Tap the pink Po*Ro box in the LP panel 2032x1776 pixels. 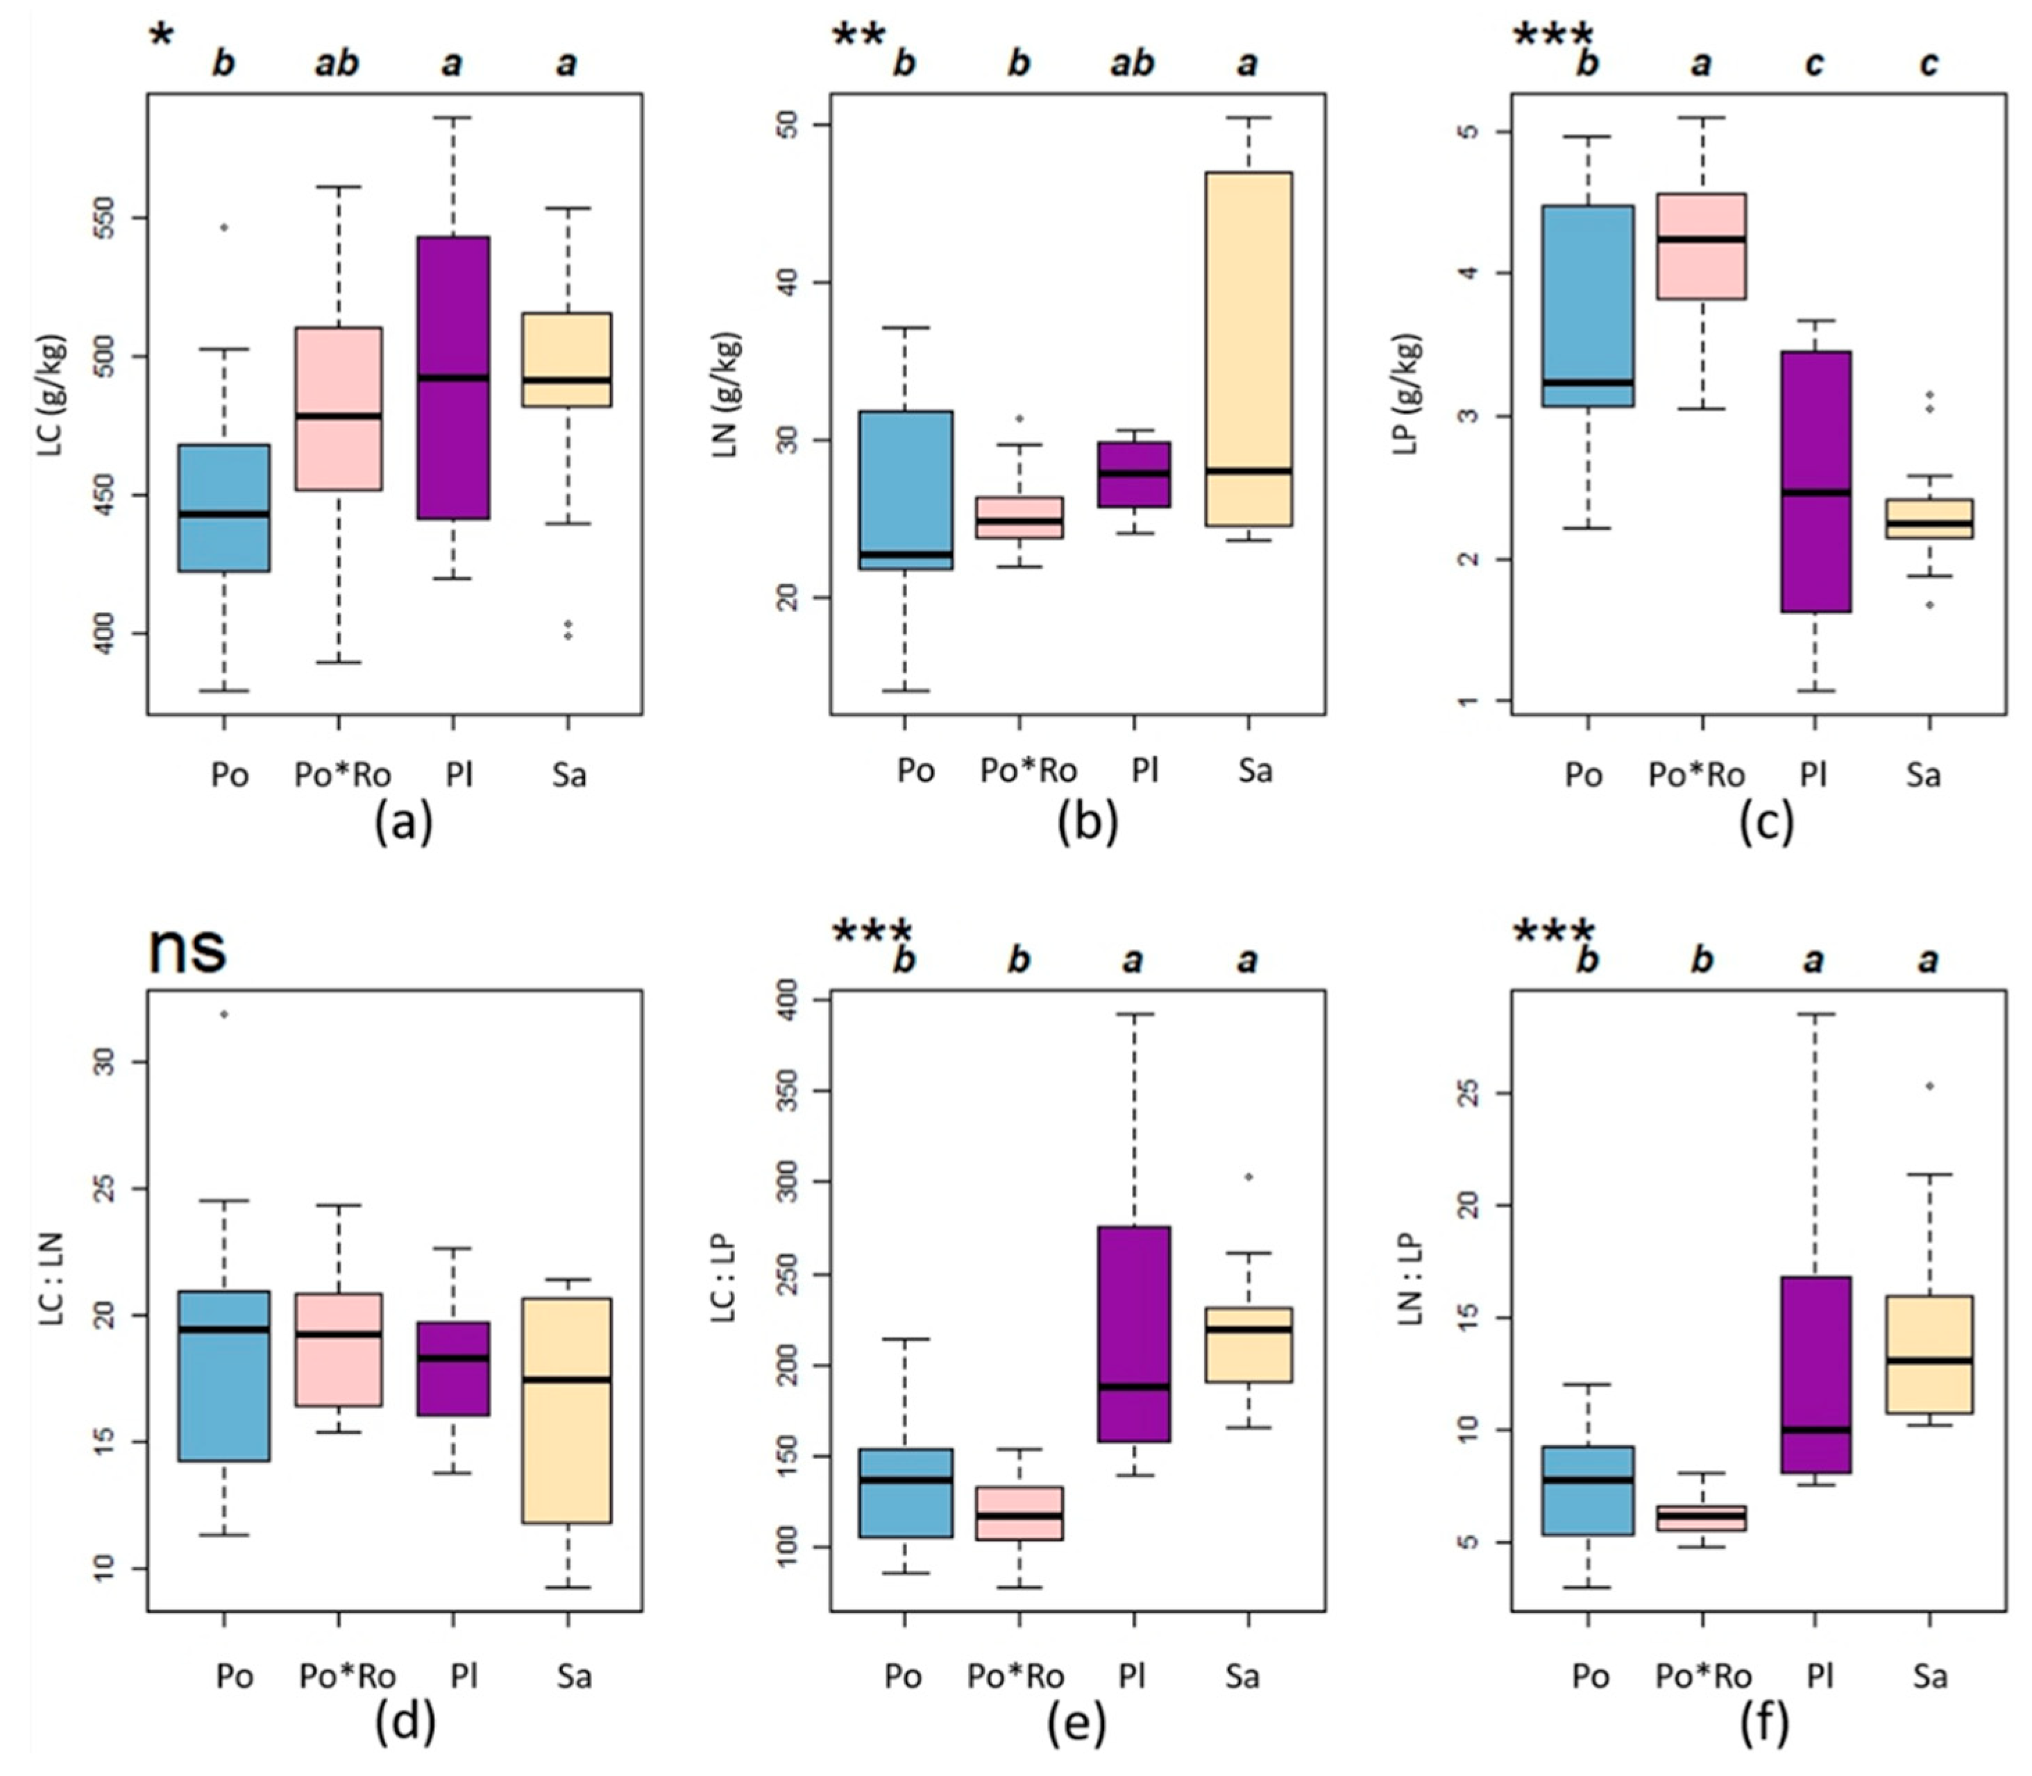1702,246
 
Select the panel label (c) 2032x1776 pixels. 1766,823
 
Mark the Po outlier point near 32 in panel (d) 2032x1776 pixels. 224,1014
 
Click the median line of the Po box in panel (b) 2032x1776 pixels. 904,554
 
